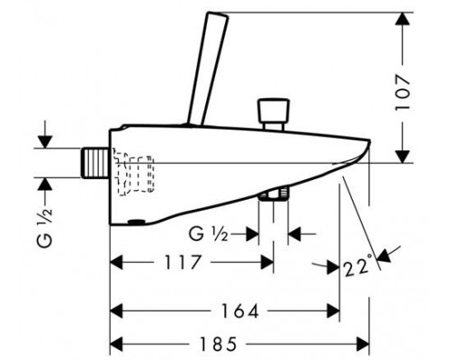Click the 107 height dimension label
click(x=402, y=93)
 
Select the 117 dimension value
click(x=182, y=262)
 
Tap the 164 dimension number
click(x=240, y=310)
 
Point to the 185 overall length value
click(x=219, y=344)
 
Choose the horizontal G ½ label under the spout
click(x=208, y=234)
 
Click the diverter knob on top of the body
click(x=274, y=113)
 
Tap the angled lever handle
click(x=208, y=68)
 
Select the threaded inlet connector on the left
click(x=94, y=163)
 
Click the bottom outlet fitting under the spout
click(x=274, y=194)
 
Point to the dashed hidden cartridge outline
click(x=133, y=172)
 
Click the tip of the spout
click(x=370, y=141)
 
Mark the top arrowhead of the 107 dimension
click(x=402, y=19)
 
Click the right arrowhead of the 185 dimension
click(x=363, y=344)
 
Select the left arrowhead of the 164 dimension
click(x=117, y=310)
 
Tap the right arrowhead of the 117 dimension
click(x=267, y=263)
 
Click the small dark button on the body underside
click(x=136, y=222)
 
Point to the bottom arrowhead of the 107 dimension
click(x=402, y=157)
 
